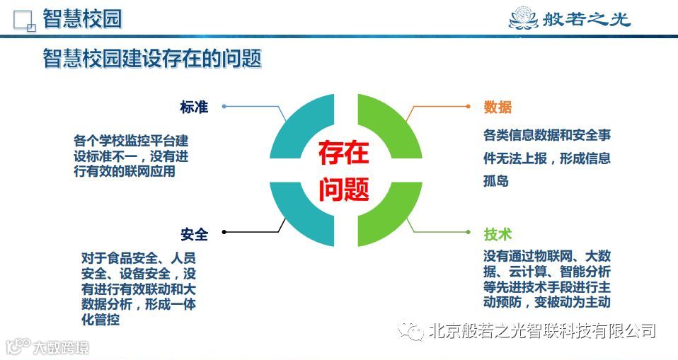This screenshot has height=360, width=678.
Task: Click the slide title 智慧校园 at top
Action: pos(82,18)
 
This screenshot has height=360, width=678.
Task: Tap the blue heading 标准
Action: pos(194,107)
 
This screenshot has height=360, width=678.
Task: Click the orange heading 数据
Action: pos(498,107)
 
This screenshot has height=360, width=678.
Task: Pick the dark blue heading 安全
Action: pos(194,234)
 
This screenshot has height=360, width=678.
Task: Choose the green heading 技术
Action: pos(498,234)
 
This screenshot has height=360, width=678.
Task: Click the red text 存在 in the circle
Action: pos(343,152)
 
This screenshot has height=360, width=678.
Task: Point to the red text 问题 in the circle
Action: pos(343,189)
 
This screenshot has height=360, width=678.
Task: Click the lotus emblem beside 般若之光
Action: pos(524,18)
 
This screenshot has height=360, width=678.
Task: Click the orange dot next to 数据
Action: pos(469,106)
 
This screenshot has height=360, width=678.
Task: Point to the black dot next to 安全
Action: pos(224,232)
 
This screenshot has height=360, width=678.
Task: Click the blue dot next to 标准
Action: pos(224,106)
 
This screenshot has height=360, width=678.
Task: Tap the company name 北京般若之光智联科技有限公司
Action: pos(541,330)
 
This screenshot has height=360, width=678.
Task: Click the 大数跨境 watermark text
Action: pos(61,347)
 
